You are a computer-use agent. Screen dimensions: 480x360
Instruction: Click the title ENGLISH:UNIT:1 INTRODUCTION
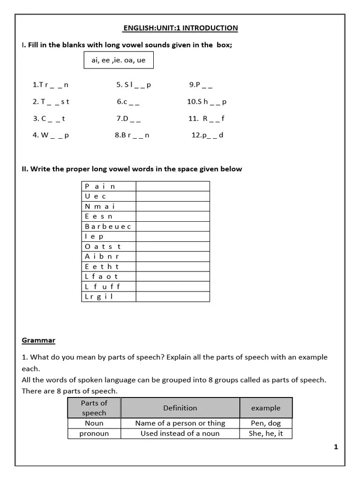pyautogui.click(x=180, y=28)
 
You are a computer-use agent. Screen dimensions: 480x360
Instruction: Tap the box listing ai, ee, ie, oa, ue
pyautogui.click(x=119, y=60)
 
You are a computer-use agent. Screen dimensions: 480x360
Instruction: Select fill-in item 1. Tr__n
pyautogui.click(x=51, y=85)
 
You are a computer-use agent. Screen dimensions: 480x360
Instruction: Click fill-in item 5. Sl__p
pyautogui.click(x=134, y=85)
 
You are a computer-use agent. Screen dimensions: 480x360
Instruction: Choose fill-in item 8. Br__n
pyautogui.click(x=132, y=135)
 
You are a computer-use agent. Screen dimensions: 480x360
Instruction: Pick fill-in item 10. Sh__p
pyautogui.click(x=207, y=102)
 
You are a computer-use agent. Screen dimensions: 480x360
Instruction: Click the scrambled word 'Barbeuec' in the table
pyautogui.click(x=108, y=226)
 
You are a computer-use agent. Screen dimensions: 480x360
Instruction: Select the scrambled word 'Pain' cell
pyautogui.click(x=108, y=186)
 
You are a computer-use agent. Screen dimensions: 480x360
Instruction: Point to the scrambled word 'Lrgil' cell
pyautogui.click(x=108, y=297)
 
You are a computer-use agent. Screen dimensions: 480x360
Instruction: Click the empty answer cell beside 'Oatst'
pyautogui.click(x=172, y=247)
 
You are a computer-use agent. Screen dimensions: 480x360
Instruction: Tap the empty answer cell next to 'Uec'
pyautogui.click(x=172, y=196)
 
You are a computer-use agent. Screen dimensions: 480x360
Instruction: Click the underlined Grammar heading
pyautogui.click(x=38, y=340)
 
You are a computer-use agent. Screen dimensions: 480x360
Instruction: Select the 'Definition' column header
pyautogui.click(x=180, y=408)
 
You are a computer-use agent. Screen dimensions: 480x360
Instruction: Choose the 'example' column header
pyautogui.click(x=266, y=408)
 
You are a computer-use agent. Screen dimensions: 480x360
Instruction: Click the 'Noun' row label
pyautogui.click(x=94, y=423)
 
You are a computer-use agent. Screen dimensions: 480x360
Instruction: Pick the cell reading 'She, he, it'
pyautogui.click(x=266, y=434)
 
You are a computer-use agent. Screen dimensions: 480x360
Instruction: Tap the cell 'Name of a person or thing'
pyautogui.click(x=180, y=423)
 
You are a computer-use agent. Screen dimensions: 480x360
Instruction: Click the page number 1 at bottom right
pyautogui.click(x=336, y=447)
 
